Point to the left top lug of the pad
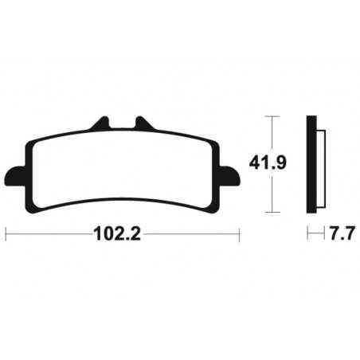pos(100,124)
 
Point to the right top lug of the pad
pos(143,124)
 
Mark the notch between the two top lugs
pos(122,129)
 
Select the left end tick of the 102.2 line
pos(6,235)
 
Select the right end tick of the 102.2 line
pos(239,235)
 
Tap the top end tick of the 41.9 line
pos(272,117)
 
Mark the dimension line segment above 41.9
pos(272,135)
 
